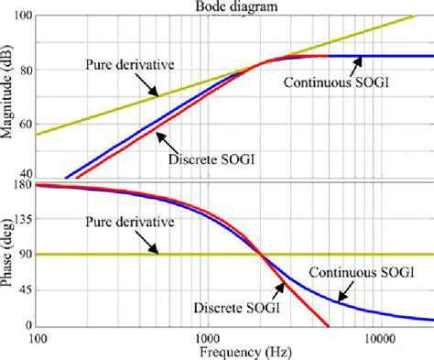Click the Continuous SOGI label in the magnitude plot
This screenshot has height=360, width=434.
click(x=317, y=82)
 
